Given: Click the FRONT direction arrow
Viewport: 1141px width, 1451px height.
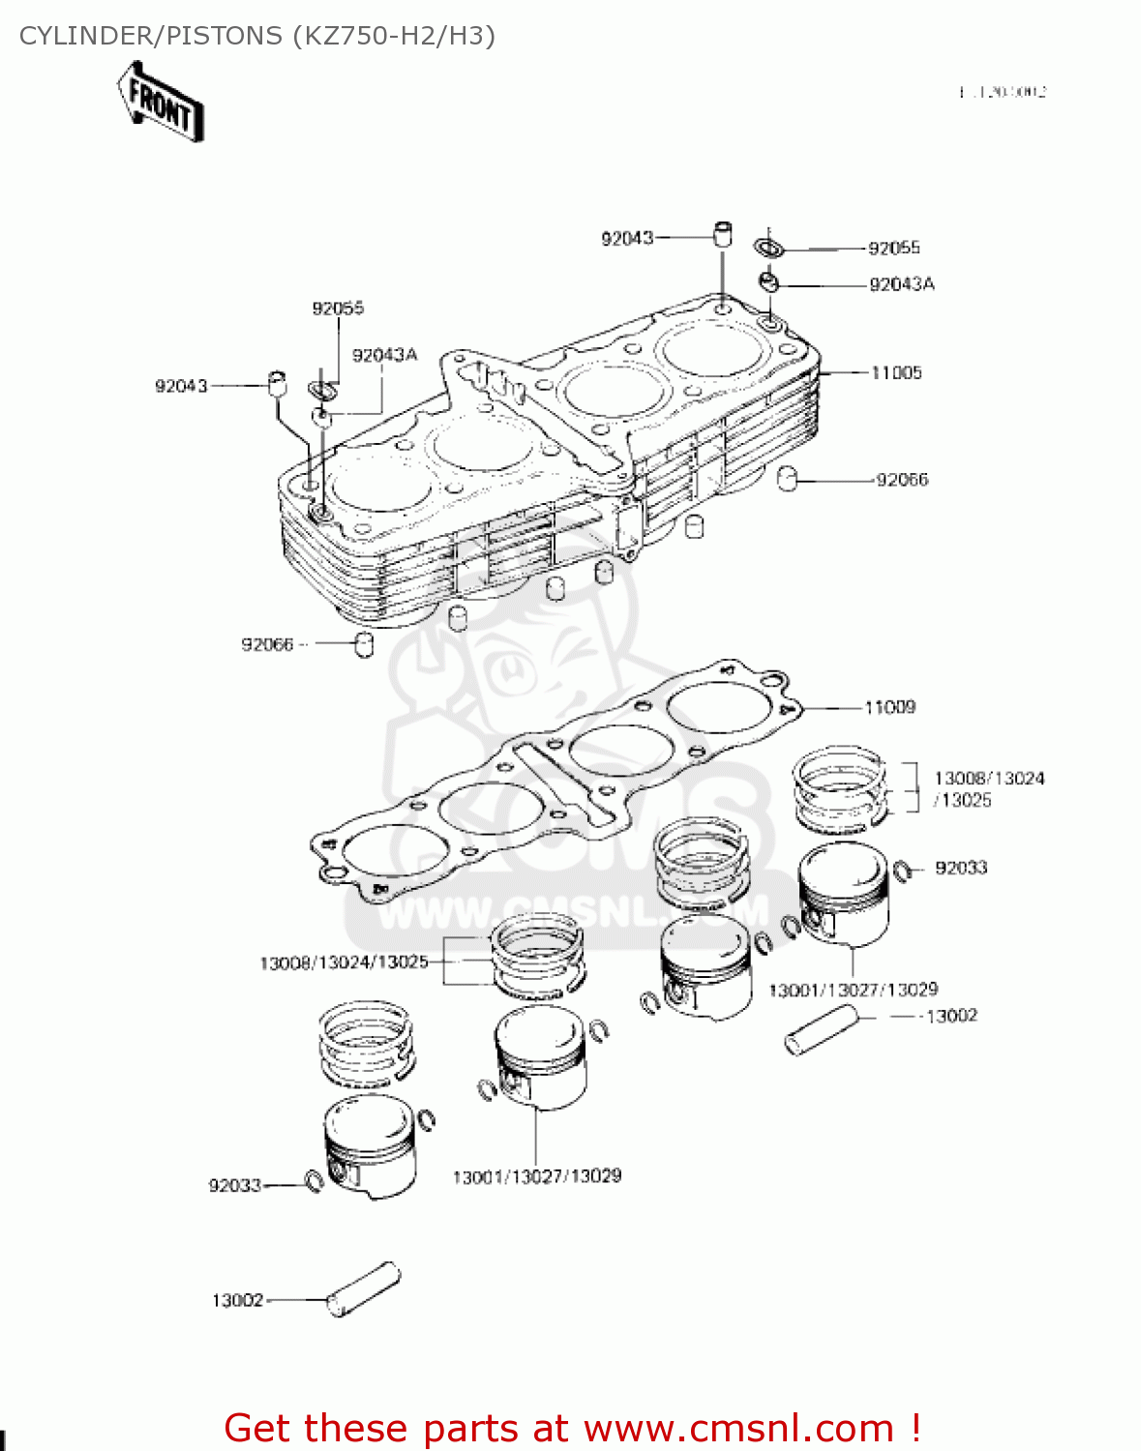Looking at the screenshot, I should tap(161, 102).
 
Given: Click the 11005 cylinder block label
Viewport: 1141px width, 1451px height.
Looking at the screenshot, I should tap(896, 373).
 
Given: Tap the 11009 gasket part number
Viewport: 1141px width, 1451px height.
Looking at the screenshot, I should tap(889, 708).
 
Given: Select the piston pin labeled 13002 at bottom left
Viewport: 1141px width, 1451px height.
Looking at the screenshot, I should tap(364, 1290).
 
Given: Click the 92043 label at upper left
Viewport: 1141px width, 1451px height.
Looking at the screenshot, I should tap(181, 387).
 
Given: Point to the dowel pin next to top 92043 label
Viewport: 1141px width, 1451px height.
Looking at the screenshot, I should tap(722, 234).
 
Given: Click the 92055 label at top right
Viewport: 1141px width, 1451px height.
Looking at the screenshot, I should tap(894, 249).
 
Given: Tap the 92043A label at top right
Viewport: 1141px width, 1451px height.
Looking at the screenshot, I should tap(902, 284).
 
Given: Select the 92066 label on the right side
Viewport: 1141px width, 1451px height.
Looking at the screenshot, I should tap(902, 480).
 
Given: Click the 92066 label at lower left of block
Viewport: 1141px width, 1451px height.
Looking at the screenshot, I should tap(267, 645).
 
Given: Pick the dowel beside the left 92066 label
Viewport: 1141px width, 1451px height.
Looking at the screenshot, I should tap(364, 645).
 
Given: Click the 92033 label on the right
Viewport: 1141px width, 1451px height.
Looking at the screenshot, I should tap(961, 869).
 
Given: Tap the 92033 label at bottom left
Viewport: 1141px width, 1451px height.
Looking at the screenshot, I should tap(235, 1186).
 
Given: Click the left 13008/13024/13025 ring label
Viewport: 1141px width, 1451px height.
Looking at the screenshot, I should tap(344, 963).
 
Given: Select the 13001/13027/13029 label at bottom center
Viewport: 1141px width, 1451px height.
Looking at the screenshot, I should tap(537, 1177).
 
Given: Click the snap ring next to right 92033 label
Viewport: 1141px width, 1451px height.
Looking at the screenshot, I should tap(903, 871).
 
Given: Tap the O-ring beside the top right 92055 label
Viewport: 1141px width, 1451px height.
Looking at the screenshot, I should tap(769, 247).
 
